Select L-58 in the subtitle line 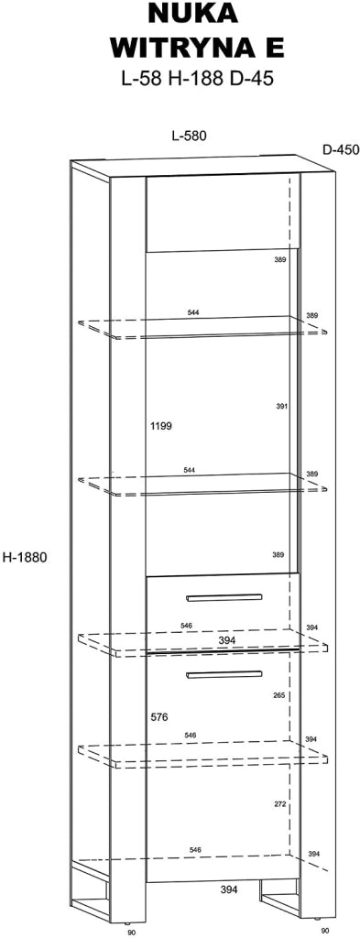point(142,79)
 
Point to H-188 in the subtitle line point(195,79)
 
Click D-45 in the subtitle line point(251,79)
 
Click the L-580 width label point(189,136)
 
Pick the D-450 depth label point(341,149)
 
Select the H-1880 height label point(24,558)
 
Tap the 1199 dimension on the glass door point(161,427)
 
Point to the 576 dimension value point(159,716)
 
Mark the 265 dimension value point(278,696)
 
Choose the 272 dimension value point(279,804)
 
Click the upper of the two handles point(224,597)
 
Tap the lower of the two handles point(224,674)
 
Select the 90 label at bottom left point(132,932)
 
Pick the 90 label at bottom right point(324,931)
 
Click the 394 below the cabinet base point(228,890)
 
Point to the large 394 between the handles point(226,640)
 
